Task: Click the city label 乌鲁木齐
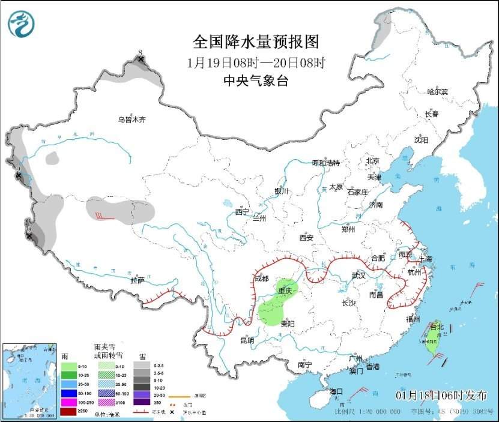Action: pos(132,119)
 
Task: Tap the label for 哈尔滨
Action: pos(437,91)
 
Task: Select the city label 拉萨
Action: pos(138,280)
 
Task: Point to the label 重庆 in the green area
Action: pos(284,291)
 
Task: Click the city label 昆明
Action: pos(247,340)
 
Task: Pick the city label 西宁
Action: pos(241,211)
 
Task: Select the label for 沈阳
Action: pos(421,140)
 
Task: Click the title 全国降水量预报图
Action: pos(256,42)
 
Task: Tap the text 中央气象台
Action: pos(256,81)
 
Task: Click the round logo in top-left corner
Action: pos(21,24)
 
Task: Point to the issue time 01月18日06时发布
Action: pos(442,394)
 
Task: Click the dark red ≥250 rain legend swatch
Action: pos(69,412)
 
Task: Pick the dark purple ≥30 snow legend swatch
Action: pos(142,402)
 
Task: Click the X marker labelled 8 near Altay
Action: pos(141,59)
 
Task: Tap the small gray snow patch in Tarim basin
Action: pos(53,158)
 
